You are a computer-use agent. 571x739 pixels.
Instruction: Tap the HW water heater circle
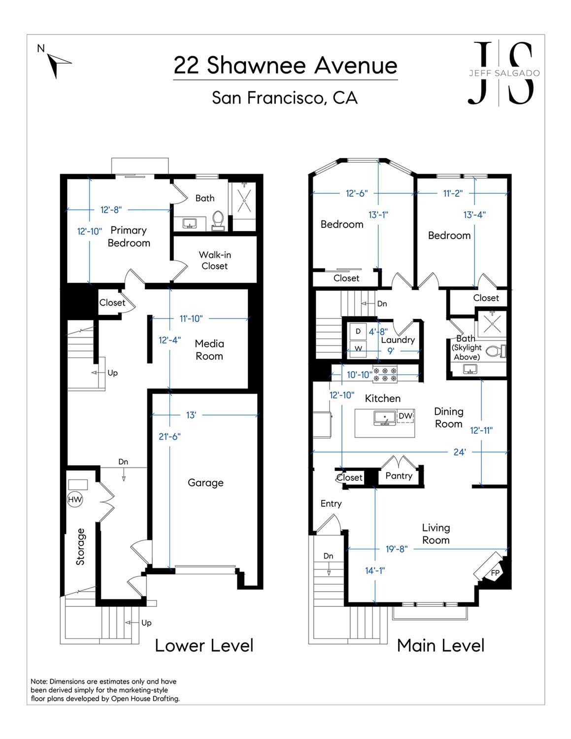tap(75, 499)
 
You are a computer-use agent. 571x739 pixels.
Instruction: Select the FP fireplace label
tap(495, 572)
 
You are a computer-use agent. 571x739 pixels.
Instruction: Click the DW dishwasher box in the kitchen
tap(405, 416)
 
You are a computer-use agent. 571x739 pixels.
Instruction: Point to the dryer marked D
tap(358, 331)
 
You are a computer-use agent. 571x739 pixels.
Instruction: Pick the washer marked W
tap(358, 348)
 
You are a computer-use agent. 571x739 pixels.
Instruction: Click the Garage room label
tap(205, 483)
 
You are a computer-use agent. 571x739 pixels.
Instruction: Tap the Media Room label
tap(209, 350)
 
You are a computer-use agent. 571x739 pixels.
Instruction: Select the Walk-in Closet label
tap(215, 260)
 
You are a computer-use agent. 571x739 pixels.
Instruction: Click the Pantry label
tap(399, 476)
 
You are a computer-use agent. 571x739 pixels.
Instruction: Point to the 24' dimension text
tap(459, 452)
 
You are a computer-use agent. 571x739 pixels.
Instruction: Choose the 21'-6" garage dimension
tap(169, 436)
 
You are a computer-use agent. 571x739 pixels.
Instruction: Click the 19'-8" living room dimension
tap(396, 549)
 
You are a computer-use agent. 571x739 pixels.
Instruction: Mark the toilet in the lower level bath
tap(217, 220)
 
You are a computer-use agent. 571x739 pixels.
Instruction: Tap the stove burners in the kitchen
tap(385, 375)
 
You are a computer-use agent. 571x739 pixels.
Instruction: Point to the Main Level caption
tap(440, 645)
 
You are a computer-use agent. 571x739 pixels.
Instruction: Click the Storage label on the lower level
tap(81, 546)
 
